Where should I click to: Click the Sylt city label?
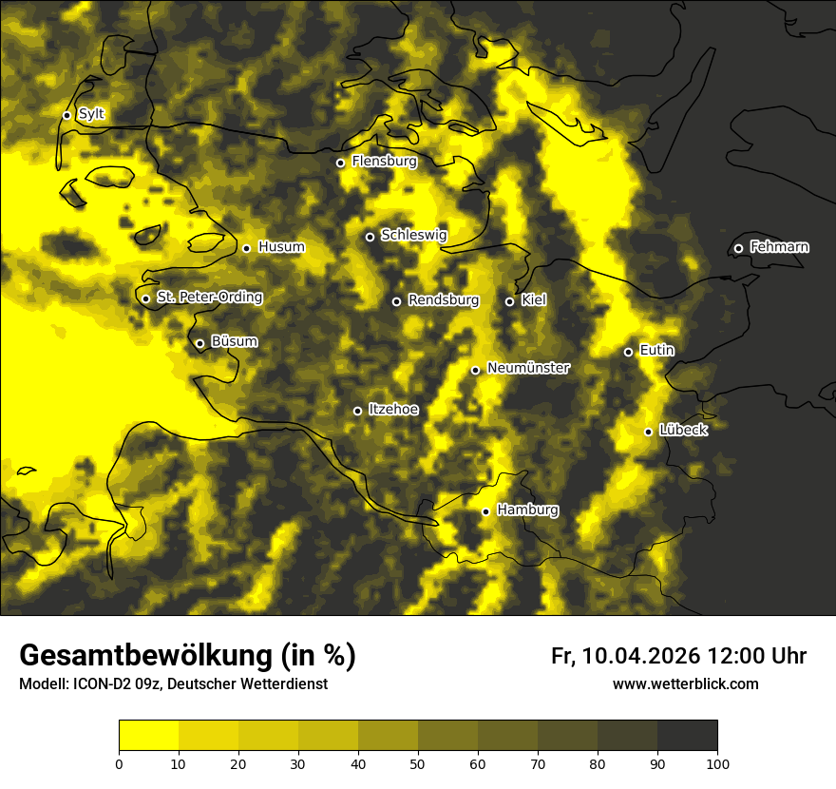tap(91, 114)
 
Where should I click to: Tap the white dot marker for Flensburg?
tap(340, 163)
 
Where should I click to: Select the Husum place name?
tap(281, 247)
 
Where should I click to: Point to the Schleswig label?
tap(413, 235)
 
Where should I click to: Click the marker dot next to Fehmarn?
tap(738, 248)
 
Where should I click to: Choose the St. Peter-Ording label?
tap(209, 297)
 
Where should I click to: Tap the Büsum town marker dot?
tap(199, 344)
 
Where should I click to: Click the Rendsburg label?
tap(443, 300)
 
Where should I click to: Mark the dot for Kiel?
tap(509, 301)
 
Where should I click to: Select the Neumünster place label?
tap(528, 368)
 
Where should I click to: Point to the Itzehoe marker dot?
tap(357, 411)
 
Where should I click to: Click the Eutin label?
tap(656, 350)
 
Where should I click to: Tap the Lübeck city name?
tap(683, 430)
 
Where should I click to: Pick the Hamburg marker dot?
tap(485, 511)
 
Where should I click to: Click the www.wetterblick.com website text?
tap(685, 683)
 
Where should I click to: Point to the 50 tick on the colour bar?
tap(418, 763)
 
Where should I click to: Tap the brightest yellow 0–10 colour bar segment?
tap(148, 736)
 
